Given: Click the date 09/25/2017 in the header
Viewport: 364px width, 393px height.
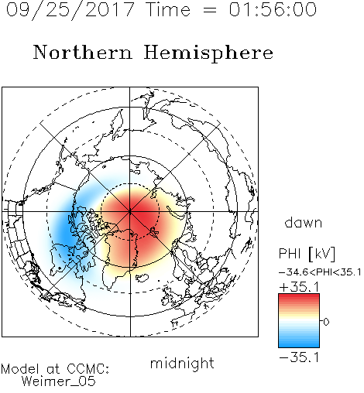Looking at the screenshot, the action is (x=70, y=10).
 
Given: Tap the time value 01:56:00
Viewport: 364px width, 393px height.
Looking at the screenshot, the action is (x=273, y=9).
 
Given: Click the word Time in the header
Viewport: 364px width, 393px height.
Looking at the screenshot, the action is (x=168, y=9).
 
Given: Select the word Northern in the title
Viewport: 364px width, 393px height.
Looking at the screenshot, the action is (x=83, y=52).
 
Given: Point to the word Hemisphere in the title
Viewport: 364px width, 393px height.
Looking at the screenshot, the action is (x=208, y=53).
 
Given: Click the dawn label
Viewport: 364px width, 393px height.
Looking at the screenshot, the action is (x=304, y=222).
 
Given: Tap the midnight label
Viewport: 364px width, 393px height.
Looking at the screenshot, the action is (x=182, y=363).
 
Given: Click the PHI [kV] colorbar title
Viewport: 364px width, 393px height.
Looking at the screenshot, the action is (x=307, y=254).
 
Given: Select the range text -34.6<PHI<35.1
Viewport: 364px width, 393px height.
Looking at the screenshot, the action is (x=320, y=272).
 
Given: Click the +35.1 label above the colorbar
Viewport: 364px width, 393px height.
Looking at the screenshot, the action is (x=299, y=287).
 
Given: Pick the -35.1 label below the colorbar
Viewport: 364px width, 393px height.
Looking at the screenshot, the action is (x=299, y=357).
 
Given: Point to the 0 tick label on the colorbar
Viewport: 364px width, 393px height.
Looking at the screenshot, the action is (x=326, y=322).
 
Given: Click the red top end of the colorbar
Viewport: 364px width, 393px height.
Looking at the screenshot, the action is (x=299, y=296).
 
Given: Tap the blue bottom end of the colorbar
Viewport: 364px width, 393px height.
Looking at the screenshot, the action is (x=299, y=345).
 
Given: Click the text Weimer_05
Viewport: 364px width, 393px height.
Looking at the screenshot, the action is (x=59, y=381).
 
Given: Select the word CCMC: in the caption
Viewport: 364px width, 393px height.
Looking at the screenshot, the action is (x=88, y=369).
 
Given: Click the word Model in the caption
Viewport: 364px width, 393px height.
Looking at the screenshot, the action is (x=20, y=369).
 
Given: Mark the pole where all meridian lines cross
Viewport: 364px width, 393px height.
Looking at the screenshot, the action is (x=130, y=211).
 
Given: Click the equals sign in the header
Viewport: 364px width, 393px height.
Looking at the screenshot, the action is (x=209, y=10).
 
